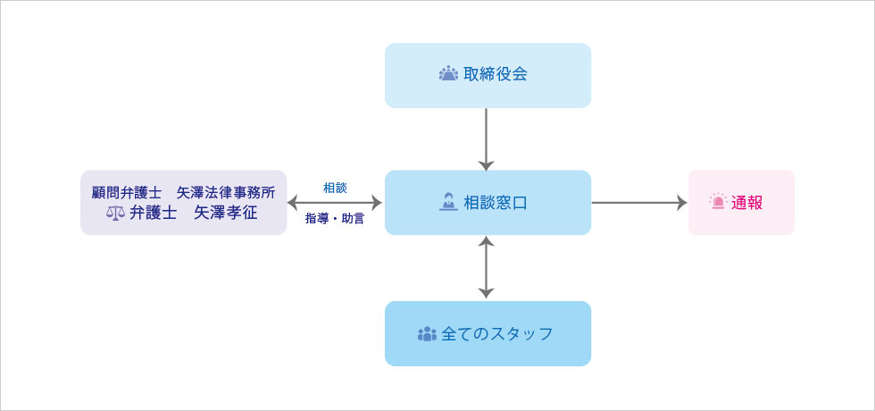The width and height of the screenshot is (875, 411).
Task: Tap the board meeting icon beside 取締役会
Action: point(448,74)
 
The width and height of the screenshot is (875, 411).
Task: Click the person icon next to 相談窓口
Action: point(448,202)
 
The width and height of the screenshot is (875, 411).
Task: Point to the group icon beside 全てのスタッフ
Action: point(427,334)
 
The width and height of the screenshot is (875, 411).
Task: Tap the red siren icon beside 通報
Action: point(718,202)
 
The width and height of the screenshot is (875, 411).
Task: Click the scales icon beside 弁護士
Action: point(115,213)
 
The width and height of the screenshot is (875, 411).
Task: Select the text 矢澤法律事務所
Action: point(226,192)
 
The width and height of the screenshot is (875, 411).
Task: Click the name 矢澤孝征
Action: point(226,213)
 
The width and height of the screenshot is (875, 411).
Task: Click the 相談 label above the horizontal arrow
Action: point(335,188)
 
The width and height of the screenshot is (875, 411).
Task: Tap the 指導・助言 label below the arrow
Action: point(335,218)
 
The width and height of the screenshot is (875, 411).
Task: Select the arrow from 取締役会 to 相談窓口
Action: point(486,138)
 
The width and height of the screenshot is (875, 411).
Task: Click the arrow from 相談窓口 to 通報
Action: point(638,203)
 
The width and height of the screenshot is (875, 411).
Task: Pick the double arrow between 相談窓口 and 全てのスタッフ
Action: point(486,267)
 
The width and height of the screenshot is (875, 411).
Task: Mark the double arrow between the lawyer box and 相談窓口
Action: point(335,203)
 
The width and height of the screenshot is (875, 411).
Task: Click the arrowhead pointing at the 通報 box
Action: point(682,203)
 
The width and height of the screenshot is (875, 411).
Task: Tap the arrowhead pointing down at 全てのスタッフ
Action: point(486,293)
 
